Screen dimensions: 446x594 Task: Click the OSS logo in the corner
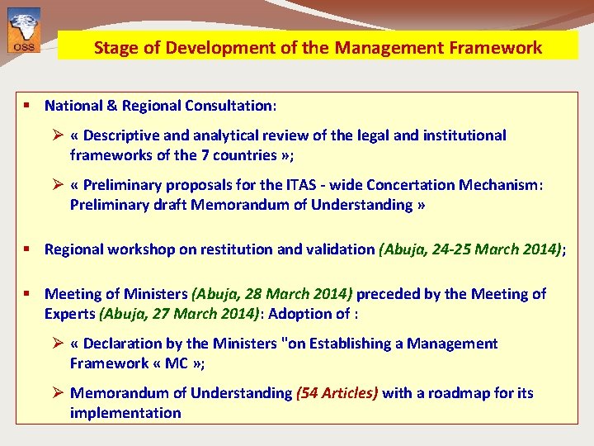pos(23,30)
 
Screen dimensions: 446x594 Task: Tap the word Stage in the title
pos(114,47)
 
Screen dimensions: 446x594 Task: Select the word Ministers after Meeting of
pos(158,294)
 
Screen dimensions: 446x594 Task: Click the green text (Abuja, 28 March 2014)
pos(271,294)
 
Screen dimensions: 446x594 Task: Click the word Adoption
pos(297,314)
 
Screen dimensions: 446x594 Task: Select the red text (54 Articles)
pos(337,393)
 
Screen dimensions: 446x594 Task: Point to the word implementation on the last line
pos(125,413)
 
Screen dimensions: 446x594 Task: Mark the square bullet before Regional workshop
pos(27,249)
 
